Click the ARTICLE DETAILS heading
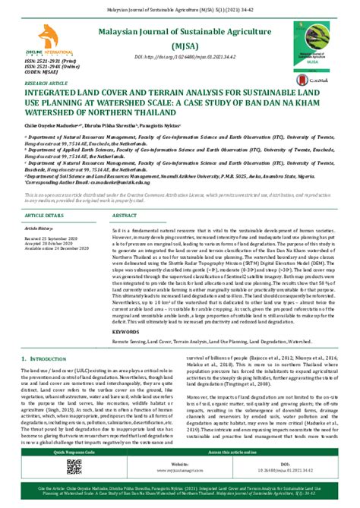point(47,215)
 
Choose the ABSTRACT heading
point(126,215)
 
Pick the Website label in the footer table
point(181,462)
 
